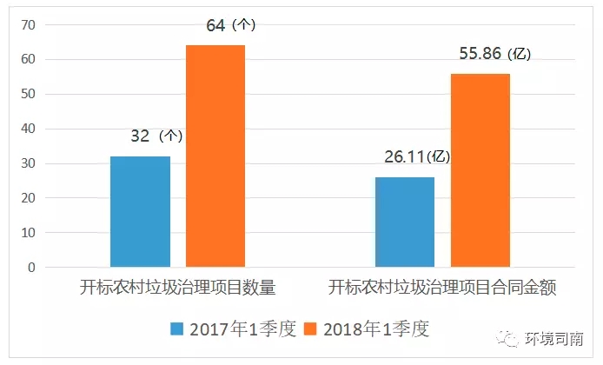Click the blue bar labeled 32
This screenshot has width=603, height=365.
click(x=140, y=211)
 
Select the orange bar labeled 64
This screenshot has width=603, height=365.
click(x=215, y=156)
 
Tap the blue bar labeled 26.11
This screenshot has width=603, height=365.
click(x=405, y=222)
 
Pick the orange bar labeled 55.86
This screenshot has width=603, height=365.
click(x=480, y=170)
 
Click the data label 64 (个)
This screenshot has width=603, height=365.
click(x=231, y=26)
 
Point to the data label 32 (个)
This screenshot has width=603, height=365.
click(x=156, y=136)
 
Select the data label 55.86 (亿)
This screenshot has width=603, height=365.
click(x=494, y=54)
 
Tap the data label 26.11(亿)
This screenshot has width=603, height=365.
click(x=417, y=157)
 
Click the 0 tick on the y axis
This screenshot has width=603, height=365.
click(x=30, y=268)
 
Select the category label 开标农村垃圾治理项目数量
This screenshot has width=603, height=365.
click(x=178, y=288)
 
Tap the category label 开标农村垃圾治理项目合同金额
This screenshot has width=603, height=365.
click(x=442, y=288)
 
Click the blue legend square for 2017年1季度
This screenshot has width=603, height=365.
click(x=177, y=329)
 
